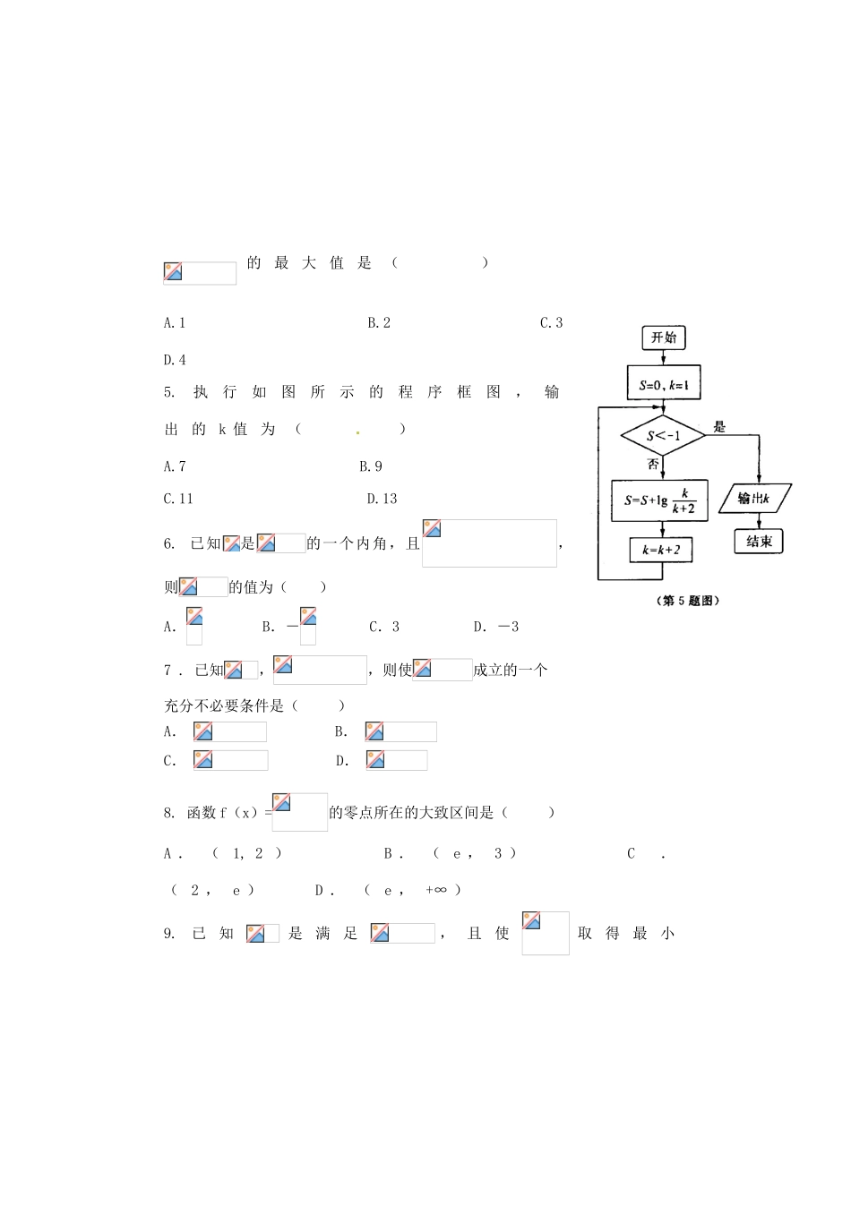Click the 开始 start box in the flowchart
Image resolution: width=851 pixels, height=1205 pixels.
664,338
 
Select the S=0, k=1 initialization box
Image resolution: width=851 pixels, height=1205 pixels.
664,384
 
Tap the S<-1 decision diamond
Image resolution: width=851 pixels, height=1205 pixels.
663,436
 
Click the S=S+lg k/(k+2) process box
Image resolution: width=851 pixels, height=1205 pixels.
659,500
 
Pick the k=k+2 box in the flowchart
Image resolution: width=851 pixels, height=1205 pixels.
661,550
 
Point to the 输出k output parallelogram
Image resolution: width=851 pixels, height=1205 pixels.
754,499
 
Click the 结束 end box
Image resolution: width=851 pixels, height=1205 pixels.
759,541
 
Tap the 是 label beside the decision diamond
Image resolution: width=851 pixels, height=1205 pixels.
719,426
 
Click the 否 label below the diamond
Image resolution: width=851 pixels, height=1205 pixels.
653,464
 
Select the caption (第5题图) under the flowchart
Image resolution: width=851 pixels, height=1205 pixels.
688,601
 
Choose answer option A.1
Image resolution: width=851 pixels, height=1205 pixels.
175,323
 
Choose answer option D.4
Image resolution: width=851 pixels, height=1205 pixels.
175,360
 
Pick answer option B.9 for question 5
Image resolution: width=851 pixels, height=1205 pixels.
371,466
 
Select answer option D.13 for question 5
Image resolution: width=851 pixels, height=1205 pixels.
382,499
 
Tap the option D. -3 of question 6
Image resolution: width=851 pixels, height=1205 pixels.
496,627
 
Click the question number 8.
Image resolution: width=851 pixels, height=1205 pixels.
169,813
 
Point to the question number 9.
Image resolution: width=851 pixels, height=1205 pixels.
169,934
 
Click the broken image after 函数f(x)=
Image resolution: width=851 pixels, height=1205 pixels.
300,812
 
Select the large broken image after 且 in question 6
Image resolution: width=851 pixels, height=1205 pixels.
489,543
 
